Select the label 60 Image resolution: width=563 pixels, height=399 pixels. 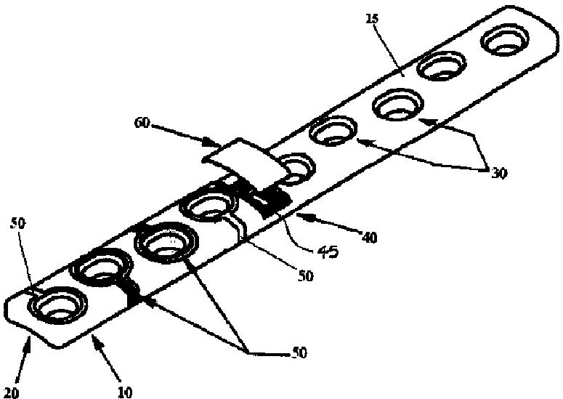(x=142, y=124)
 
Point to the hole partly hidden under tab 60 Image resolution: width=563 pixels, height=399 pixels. (x=295, y=169)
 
